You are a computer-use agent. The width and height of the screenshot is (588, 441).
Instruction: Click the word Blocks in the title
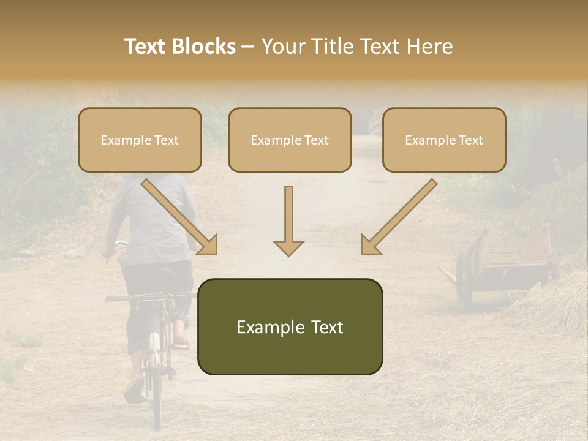(x=204, y=47)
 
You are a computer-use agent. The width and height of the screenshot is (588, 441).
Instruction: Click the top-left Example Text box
(x=140, y=140)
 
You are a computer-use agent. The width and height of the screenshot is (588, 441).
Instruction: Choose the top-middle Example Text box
(x=290, y=140)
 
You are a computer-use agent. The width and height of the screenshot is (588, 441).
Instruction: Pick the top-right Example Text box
(x=444, y=140)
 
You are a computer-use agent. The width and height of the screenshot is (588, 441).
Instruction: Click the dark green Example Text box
(x=290, y=327)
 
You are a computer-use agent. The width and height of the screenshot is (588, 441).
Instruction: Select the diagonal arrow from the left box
(x=179, y=217)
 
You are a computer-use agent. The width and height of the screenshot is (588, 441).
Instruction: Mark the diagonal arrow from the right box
(x=399, y=217)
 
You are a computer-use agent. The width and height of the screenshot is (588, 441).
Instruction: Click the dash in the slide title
(x=248, y=47)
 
